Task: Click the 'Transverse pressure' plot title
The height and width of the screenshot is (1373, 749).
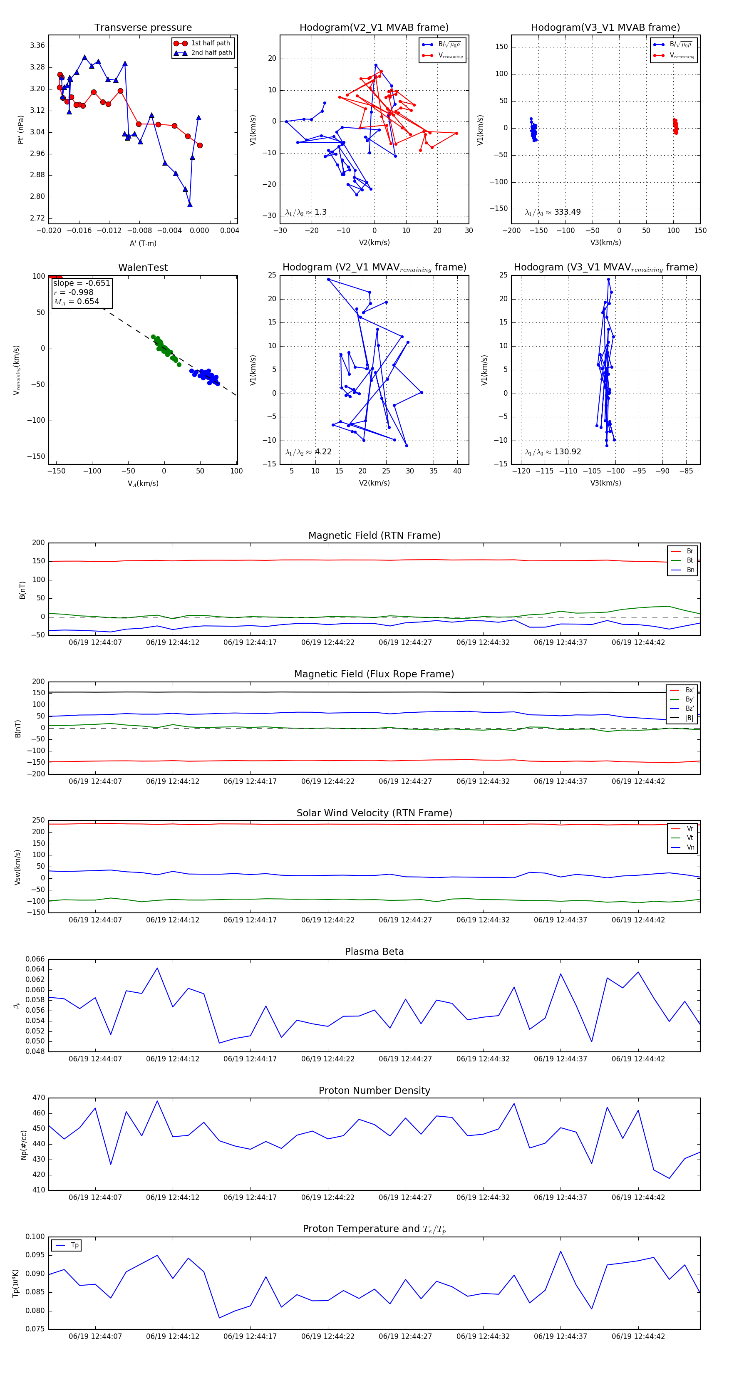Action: click(x=143, y=28)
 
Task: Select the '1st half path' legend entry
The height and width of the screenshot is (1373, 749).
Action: click(x=210, y=43)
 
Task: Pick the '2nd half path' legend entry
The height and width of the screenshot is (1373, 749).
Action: click(x=211, y=53)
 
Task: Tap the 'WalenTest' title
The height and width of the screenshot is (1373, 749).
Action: click(x=143, y=268)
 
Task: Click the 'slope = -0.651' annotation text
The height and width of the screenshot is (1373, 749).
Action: click(x=82, y=283)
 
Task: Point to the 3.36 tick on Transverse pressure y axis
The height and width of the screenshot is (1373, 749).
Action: click(x=37, y=45)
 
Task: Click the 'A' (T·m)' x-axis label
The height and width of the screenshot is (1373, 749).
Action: click(x=143, y=243)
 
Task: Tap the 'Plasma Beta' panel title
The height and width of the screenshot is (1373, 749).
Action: click(x=374, y=952)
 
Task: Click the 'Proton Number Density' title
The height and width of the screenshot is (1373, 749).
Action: click(x=374, y=1090)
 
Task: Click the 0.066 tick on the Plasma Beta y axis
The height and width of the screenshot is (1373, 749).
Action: click(x=35, y=959)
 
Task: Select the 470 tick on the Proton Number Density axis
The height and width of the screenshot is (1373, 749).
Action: click(x=38, y=1098)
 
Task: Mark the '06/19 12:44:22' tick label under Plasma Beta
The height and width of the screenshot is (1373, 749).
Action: click(x=328, y=1058)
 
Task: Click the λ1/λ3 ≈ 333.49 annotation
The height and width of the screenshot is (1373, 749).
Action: click(x=553, y=212)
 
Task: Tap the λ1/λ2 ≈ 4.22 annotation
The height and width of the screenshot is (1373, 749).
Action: click(x=308, y=452)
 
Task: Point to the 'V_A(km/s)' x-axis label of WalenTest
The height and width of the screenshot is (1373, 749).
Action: click(x=143, y=483)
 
